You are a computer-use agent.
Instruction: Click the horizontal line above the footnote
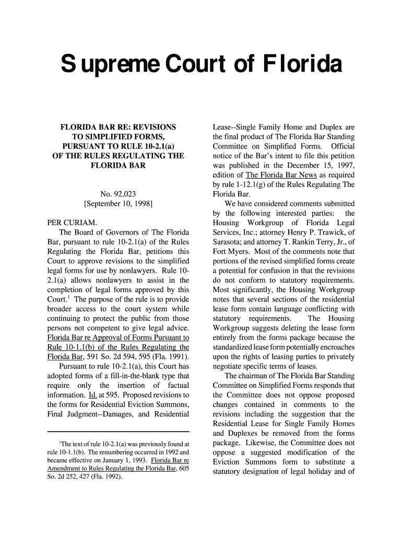(118, 432)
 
